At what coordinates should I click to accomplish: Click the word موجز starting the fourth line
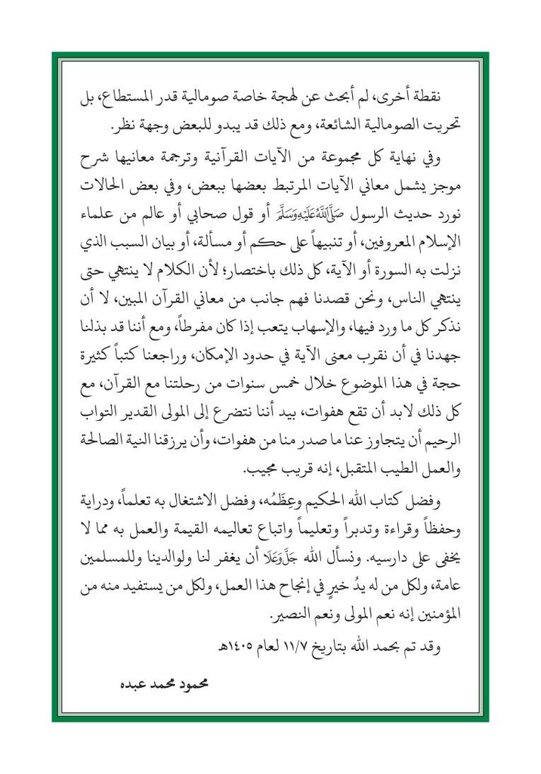(x=447, y=185)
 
